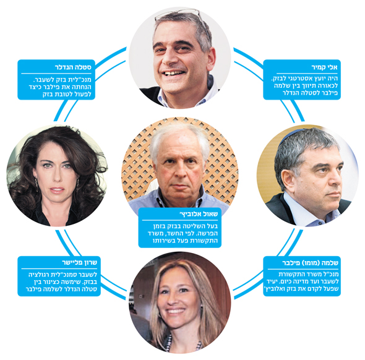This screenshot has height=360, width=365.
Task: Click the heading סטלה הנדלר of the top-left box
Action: click(73, 67)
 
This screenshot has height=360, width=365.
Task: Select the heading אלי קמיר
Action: click(325, 67)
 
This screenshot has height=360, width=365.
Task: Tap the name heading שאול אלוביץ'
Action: click(199, 214)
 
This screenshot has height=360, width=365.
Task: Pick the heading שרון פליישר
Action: click(80, 263)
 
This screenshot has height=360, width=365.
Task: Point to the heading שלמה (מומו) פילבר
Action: click(310, 263)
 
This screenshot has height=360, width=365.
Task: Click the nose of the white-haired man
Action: click(179, 171)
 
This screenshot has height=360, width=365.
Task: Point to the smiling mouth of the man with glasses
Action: click(174, 74)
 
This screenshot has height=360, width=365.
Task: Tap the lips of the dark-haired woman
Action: click(57, 190)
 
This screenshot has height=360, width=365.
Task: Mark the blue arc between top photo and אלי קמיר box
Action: click(248, 58)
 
